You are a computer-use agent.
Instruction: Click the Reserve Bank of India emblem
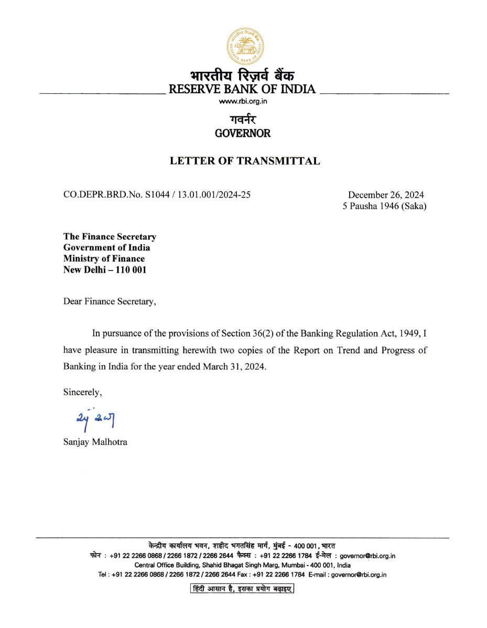pyautogui.click(x=245, y=46)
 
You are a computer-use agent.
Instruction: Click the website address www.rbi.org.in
pyautogui.click(x=243, y=101)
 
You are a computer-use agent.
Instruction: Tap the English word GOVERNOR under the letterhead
pyautogui.click(x=243, y=133)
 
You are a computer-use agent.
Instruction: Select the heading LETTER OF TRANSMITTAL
pyautogui.click(x=245, y=161)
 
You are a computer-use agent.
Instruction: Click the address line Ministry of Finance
pyautogui.click(x=104, y=258)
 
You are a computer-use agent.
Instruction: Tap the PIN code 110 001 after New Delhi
pyautogui.click(x=129, y=269)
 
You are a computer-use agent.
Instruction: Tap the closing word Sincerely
pyautogui.click(x=82, y=392)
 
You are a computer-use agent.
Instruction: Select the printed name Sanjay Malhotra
pyautogui.click(x=95, y=441)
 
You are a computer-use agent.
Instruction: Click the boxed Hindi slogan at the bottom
pyautogui.click(x=242, y=589)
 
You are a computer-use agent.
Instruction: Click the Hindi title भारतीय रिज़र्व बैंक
pyautogui.click(x=242, y=76)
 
